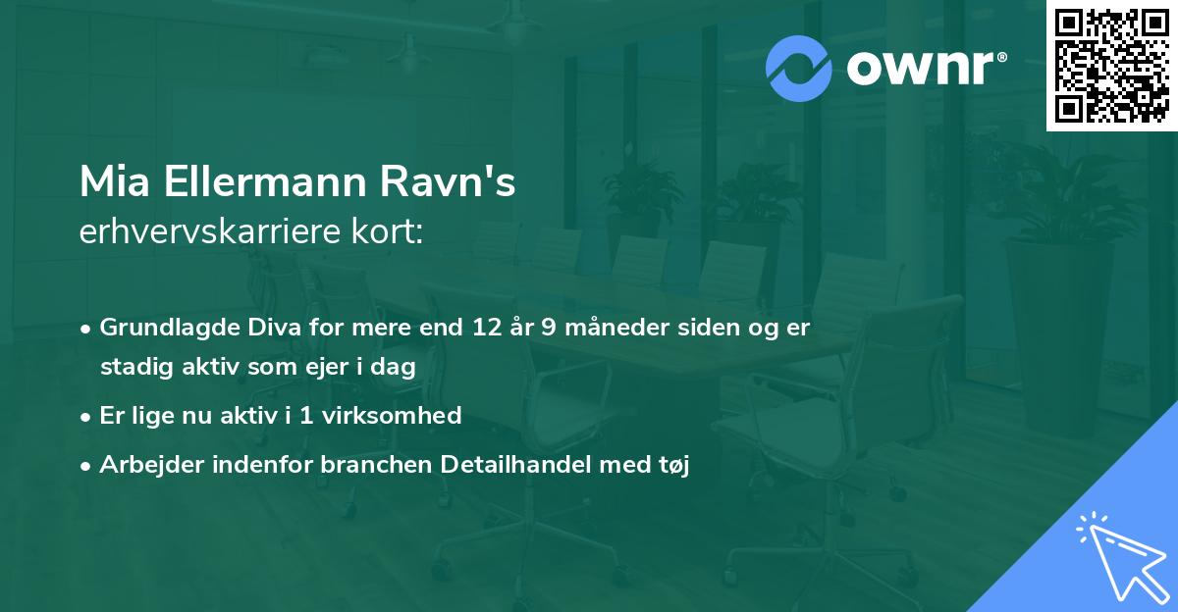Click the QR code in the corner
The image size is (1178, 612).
(1111, 66)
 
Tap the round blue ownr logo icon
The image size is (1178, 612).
(799, 69)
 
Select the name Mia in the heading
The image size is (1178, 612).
(108, 182)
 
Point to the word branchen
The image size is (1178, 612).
(365, 465)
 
